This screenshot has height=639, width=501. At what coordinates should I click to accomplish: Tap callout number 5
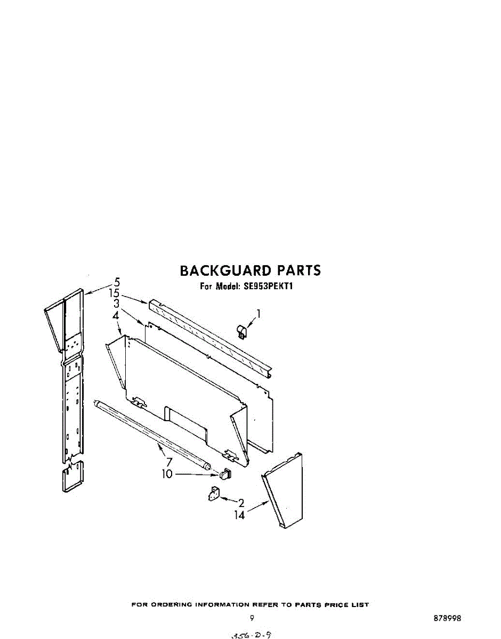click(117, 282)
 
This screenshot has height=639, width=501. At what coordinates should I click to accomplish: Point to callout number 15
click(114, 293)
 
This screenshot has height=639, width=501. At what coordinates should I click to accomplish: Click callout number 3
click(116, 304)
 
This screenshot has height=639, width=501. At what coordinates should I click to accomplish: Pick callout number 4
click(116, 316)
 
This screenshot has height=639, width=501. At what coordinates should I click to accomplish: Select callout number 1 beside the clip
click(260, 314)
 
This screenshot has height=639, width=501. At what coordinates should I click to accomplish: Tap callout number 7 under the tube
click(169, 462)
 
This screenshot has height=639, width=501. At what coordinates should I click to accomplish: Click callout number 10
click(168, 473)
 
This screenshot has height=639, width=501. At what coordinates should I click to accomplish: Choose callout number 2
click(241, 503)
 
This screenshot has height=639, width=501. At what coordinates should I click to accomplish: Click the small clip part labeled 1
click(241, 332)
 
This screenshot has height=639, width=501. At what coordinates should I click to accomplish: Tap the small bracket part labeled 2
click(214, 494)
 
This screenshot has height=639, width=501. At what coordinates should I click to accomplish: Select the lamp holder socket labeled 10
click(225, 473)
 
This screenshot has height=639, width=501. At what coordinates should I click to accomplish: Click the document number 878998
click(447, 619)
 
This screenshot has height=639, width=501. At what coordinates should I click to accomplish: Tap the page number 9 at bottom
click(252, 618)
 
